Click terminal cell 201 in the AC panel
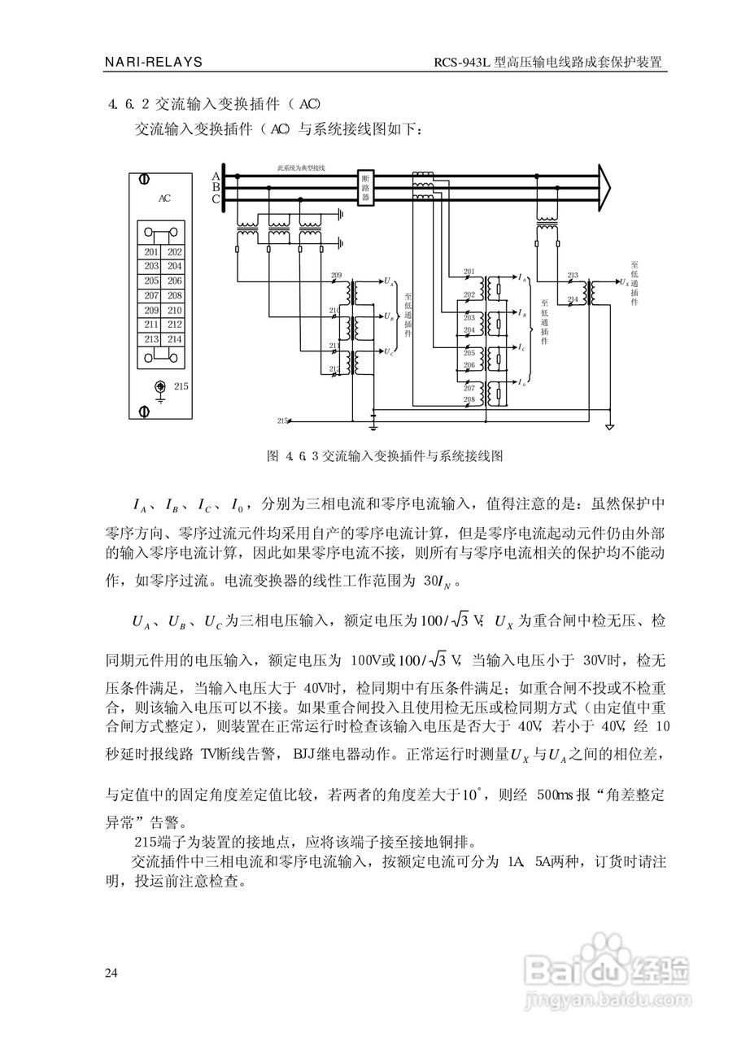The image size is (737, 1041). click(x=151, y=252)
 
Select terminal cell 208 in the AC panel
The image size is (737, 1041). click(x=175, y=296)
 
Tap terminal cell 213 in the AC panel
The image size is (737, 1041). click(x=151, y=339)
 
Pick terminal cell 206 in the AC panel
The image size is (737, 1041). click(x=175, y=281)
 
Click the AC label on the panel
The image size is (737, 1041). click(x=164, y=198)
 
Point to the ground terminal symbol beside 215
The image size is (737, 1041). click(x=161, y=389)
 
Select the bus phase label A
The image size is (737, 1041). click(x=216, y=176)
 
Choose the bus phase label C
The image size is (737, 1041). click(x=216, y=199)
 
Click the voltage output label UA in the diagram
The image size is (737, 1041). click(x=389, y=282)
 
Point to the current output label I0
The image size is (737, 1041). click(x=521, y=382)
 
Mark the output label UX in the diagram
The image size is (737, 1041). click(x=623, y=282)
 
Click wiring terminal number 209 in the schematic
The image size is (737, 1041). click(x=336, y=277)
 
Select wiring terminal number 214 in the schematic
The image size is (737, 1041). click(x=572, y=299)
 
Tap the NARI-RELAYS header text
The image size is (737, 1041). click(x=155, y=62)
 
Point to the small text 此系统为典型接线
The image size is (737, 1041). click(x=300, y=168)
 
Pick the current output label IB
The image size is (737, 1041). click(x=521, y=313)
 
